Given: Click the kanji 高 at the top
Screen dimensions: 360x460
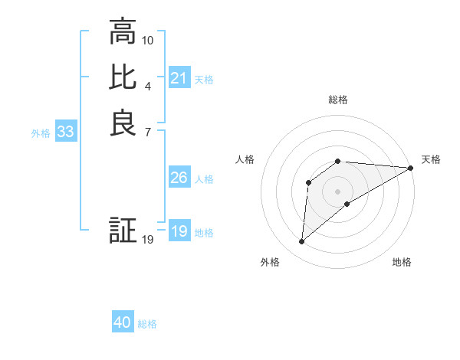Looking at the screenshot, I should coord(123,33).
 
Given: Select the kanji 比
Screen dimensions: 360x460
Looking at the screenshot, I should coord(123,78).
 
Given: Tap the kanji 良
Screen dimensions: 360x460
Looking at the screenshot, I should coord(123,123).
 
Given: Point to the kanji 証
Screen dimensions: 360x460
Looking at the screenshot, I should coord(123,231).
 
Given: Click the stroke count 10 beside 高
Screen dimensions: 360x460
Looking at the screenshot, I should coord(148,40).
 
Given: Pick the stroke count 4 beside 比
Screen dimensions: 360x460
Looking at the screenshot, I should coord(148,85).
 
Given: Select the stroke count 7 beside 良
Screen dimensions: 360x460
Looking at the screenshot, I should coord(148,131).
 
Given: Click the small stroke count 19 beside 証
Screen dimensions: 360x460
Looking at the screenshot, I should coord(148,240).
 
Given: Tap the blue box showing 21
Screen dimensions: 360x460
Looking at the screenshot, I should coord(179,78).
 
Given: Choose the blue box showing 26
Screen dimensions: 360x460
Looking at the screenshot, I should coord(179,178).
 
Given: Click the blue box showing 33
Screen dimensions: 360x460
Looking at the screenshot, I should coord(65,132).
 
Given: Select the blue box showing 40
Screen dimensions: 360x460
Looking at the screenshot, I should coord(123,322).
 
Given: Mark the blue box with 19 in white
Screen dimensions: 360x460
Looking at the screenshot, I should coord(179,231).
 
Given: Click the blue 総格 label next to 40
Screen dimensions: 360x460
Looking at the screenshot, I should coord(147,324).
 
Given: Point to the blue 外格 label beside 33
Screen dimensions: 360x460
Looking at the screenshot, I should coord(41,133).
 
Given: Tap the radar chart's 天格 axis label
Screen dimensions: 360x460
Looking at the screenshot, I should coord(431,159).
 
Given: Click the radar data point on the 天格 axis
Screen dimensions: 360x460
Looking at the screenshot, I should coord(411,168).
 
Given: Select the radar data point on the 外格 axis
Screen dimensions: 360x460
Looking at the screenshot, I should coord(302,242).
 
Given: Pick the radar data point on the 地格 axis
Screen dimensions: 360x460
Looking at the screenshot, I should coord(347,204).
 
